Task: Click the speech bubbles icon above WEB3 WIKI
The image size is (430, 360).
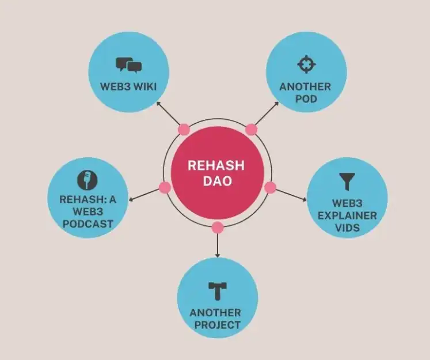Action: [128, 65]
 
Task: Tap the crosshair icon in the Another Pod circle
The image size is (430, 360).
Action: [307, 65]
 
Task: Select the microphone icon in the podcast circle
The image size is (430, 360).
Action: [87, 180]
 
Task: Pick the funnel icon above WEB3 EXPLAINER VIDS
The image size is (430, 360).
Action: [347, 181]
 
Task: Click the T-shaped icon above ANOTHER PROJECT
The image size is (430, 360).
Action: [218, 291]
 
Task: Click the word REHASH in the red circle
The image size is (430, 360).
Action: [216, 165]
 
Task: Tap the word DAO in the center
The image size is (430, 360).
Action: [218, 181]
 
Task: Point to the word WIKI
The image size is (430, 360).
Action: [144, 87]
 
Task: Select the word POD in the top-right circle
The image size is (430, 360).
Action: [306, 98]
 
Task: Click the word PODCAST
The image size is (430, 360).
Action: [87, 224]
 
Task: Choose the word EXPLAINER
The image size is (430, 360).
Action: [347, 215]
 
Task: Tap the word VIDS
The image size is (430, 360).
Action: [348, 228]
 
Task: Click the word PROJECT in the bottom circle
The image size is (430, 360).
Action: [218, 325]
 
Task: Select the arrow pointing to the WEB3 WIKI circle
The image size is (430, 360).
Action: [168, 113]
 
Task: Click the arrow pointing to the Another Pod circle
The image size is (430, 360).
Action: [267, 113]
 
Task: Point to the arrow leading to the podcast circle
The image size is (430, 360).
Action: [144, 195]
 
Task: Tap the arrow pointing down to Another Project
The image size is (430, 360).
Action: [218, 245]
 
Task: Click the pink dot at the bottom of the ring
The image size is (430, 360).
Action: [218, 228]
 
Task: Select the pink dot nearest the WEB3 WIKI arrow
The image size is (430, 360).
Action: [184, 130]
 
